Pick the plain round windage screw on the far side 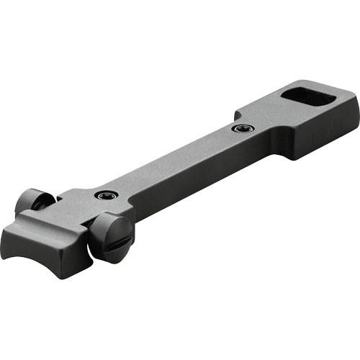[32, 202]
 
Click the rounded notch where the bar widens [236, 114]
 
